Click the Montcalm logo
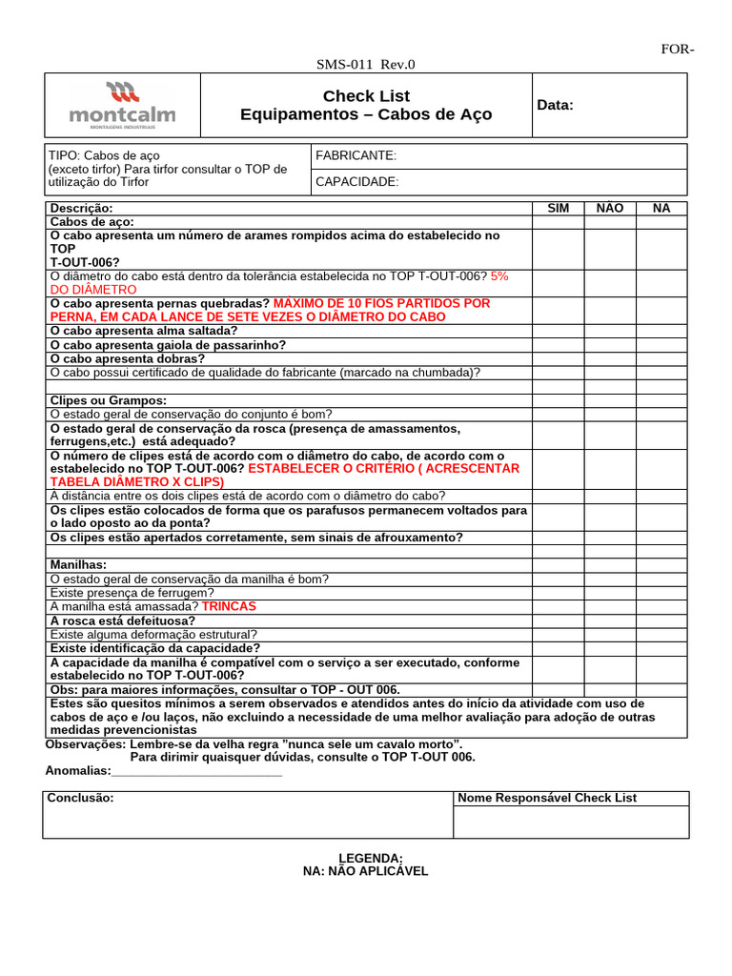pyautogui.click(x=122, y=104)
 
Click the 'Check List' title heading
pyautogui.click(x=366, y=95)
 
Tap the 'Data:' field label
pyautogui.click(x=556, y=105)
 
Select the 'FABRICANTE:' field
pyautogui.click(x=356, y=156)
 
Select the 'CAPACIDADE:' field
pyautogui.click(x=356, y=182)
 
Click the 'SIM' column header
pyautogui.click(x=558, y=208)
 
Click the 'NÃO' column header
pyautogui.click(x=609, y=208)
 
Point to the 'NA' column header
pyautogui.click(x=661, y=208)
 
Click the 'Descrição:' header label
pyautogui.click(x=81, y=208)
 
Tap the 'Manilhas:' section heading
pyautogui.click(x=78, y=565)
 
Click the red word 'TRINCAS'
pyautogui.click(x=230, y=606)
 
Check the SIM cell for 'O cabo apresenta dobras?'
pyautogui.click(x=558, y=358)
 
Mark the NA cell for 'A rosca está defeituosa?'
pyautogui.click(x=661, y=620)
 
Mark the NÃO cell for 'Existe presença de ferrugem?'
pyautogui.click(x=609, y=593)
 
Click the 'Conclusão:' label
pyautogui.click(x=81, y=798)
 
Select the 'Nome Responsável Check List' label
pyautogui.click(x=547, y=798)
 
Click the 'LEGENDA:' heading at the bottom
pyautogui.click(x=365, y=858)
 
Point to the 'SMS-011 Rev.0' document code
pyautogui.click(x=366, y=65)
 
